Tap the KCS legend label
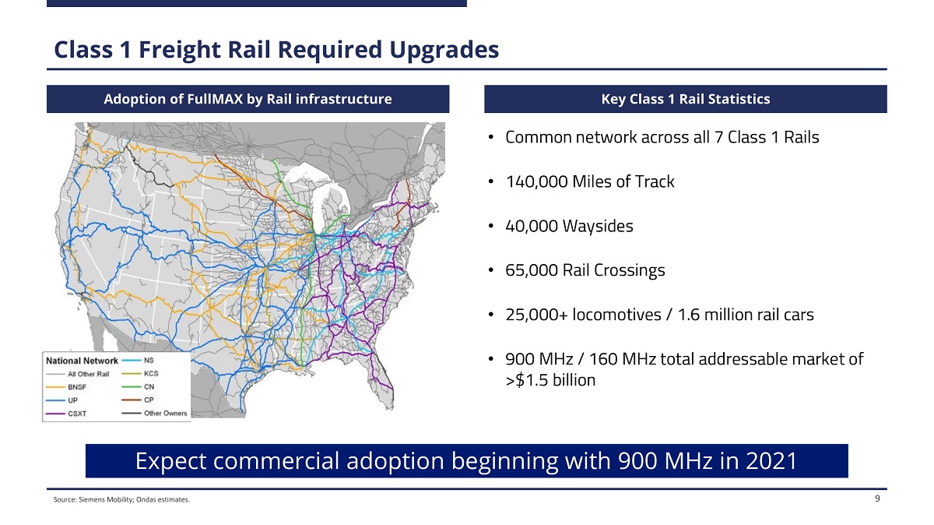[151, 374]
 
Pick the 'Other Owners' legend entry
[165, 413]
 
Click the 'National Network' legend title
[82, 361]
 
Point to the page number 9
[877, 499]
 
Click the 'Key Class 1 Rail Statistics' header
[685, 99]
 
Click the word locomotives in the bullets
[612, 315]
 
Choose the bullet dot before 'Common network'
[492, 138]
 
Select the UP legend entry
[72, 400]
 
